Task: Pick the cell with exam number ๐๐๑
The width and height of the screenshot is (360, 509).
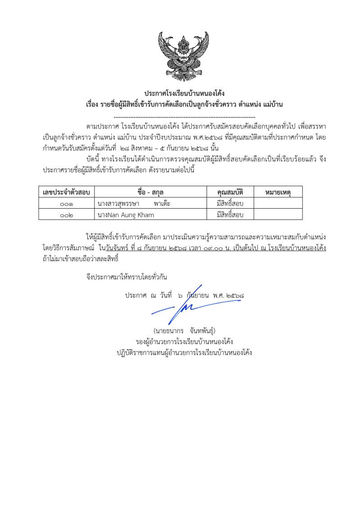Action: pyautogui.click(x=66, y=204)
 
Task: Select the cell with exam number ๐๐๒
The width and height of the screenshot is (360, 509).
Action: pyautogui.click(x=66, y=215)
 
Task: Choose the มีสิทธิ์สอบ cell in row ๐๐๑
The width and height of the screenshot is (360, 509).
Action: pyautogui.click(x=230, y=204)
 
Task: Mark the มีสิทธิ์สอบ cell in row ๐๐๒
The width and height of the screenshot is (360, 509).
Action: pyautogui.click(x=230, y=215)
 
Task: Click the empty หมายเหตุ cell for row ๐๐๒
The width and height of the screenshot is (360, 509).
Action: pyautogui.click(x=278, y=215)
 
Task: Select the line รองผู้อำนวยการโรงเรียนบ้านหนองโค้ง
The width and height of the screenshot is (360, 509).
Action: pyautogui.click(x=184, y=342)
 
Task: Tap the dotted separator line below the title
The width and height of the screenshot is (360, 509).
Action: pyautogui.click(x=184, y=115)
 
